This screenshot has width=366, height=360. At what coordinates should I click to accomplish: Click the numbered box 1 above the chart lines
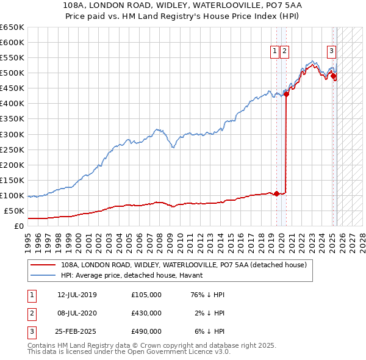click(275, 51)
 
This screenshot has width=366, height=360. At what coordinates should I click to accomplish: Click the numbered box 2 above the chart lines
click(285, 51)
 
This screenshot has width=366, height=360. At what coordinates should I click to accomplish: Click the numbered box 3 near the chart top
click(331, 51)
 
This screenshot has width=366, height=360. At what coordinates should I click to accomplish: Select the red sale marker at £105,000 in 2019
click(276, 194)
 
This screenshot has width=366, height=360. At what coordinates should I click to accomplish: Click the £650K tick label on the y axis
click(12, 27)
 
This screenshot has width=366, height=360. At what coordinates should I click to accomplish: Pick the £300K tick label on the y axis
click(12, 134)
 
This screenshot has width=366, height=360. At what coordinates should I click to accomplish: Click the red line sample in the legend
click(43, 265)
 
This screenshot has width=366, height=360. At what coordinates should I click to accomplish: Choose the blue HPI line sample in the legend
click(43, 275)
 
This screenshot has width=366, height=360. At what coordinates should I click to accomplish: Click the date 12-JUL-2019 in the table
click(77, 295)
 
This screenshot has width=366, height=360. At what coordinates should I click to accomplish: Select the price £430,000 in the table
click(146, 313)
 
